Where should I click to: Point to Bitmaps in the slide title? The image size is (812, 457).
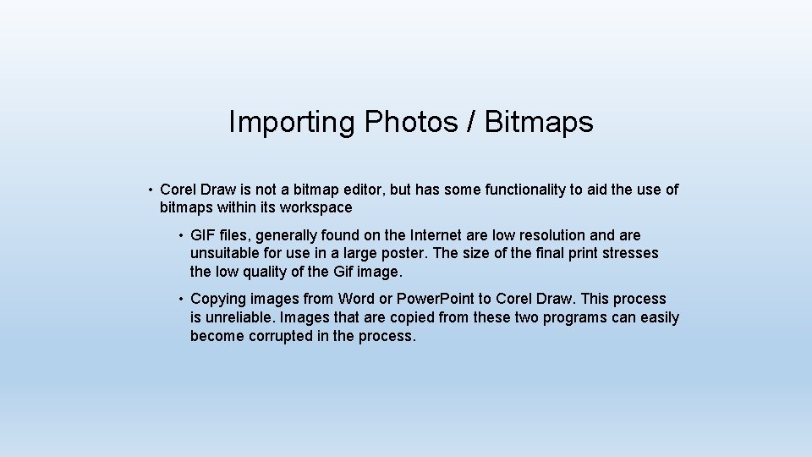pyautogui.click(x=539, y=123)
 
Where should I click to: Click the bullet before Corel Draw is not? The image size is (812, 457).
pyautogui.click(x=148, y=190)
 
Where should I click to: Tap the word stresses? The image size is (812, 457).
pyautogui.click(x=630, y=253)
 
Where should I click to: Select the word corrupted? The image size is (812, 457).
pyautogui.click(x=275, y=336)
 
